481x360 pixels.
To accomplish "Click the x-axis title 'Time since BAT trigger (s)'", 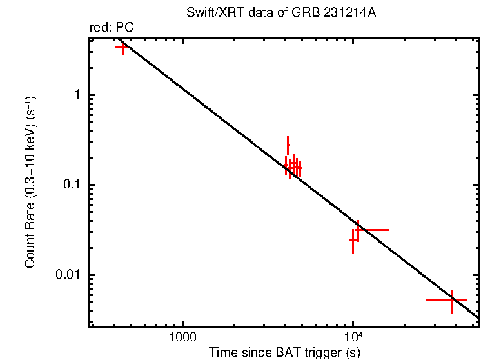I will point(284,352).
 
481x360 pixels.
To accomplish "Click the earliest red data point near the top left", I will point(122,47).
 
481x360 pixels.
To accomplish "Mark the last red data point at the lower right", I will point(451,300).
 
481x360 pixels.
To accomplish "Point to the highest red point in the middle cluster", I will point(288,145).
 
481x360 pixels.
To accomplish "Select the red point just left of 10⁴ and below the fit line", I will point(353,239).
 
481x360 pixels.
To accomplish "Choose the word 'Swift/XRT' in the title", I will point(221,14).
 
